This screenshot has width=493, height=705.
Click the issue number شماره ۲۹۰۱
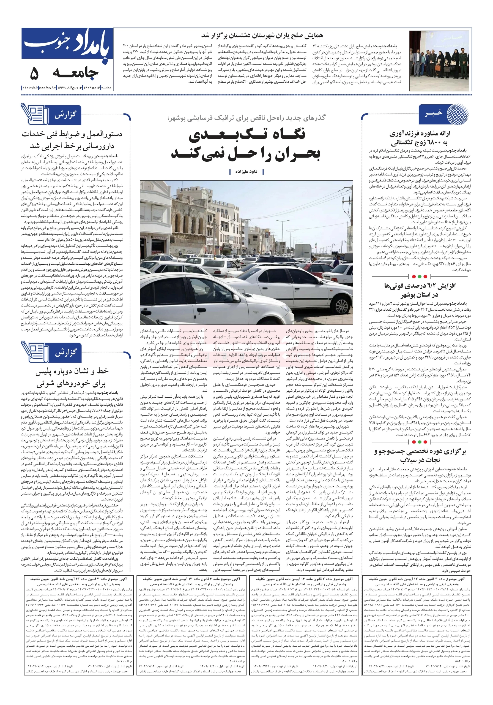29,88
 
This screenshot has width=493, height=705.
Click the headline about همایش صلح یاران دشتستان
262,36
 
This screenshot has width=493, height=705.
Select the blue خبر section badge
433,114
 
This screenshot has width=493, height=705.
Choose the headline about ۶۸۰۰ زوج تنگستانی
419,138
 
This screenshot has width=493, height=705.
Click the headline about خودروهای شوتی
72,377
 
